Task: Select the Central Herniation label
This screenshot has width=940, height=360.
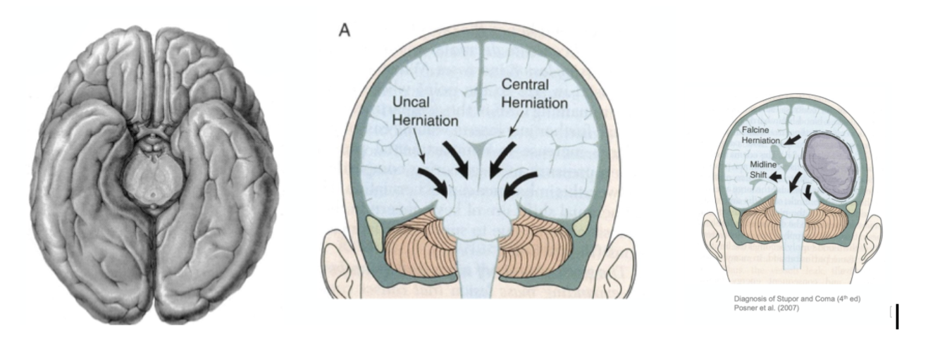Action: [x=534, y=94]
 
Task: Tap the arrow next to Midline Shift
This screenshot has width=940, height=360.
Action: [x=777, y=176]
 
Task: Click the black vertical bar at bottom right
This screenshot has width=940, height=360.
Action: [x=896, y=316]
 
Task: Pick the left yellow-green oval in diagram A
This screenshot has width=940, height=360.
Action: [x=375, y=228]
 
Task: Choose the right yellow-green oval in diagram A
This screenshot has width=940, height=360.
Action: [x=581, y=226]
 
